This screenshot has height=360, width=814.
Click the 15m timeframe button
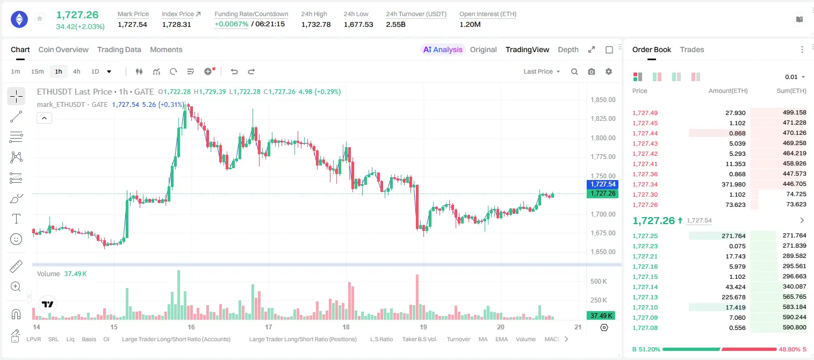pos(38,71)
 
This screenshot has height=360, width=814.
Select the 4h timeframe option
pos(76,71)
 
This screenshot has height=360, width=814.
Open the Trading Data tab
pos(119,49)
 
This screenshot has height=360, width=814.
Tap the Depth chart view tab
pos(568,49)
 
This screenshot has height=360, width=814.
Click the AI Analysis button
pos(443,49)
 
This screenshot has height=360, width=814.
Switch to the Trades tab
pos(692,49)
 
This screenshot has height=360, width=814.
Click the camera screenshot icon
pos(592,71)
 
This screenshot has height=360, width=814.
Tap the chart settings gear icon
pos(609,71)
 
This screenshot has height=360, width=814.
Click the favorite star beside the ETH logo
pos(40,18)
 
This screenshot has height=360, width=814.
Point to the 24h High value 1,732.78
pos(316,24)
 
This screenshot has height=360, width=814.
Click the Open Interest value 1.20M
pos(470,24)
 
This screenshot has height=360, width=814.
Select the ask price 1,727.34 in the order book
pos(645,184)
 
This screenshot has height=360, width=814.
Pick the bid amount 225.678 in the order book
pos(733,297)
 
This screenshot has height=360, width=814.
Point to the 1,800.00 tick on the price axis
pos(603,138)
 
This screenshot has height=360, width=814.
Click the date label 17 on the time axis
pos(269,327)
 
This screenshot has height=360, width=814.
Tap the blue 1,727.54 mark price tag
pos(602,184)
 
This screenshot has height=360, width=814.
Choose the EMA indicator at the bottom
pos(501,339)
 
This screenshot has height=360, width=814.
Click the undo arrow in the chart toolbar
pos(234,71)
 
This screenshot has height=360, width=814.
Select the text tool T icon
pos(16,219)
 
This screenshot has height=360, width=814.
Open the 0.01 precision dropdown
pos(795,77)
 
